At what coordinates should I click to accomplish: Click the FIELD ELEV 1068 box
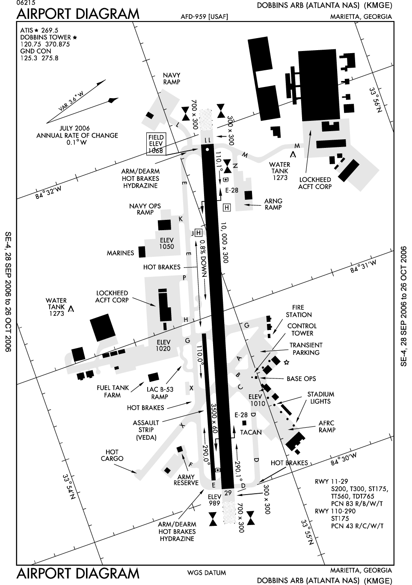click(156, 144)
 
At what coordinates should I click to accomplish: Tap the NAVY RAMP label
click(171, 78)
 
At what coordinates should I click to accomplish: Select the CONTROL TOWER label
click(302, 330)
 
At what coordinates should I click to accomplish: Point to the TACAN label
click(251, 432)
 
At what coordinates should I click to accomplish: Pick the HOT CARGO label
click(112, 455)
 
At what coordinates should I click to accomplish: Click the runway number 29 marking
click(228, 493)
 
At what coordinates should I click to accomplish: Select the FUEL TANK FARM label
click(113, 391)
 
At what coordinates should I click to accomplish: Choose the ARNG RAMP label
click(273, 204)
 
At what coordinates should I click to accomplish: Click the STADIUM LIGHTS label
click(320, 398)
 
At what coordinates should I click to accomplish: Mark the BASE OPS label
click(301, 378)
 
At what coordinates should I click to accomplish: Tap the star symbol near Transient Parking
click(286, 363)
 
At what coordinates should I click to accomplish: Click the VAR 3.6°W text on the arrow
click(70, 102)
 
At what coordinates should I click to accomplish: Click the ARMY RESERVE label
click(186, 480)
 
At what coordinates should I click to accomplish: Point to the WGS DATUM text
click(206, 573)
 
